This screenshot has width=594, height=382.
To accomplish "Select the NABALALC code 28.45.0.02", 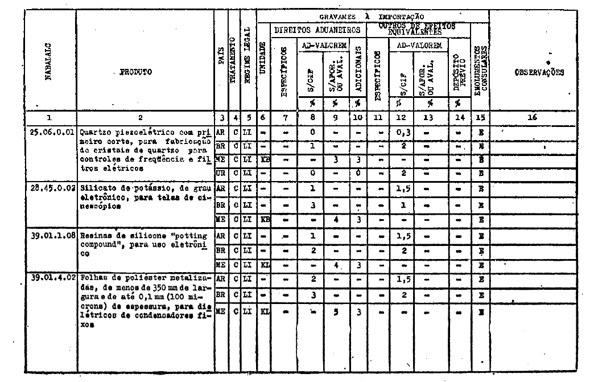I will click(52, 188).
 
